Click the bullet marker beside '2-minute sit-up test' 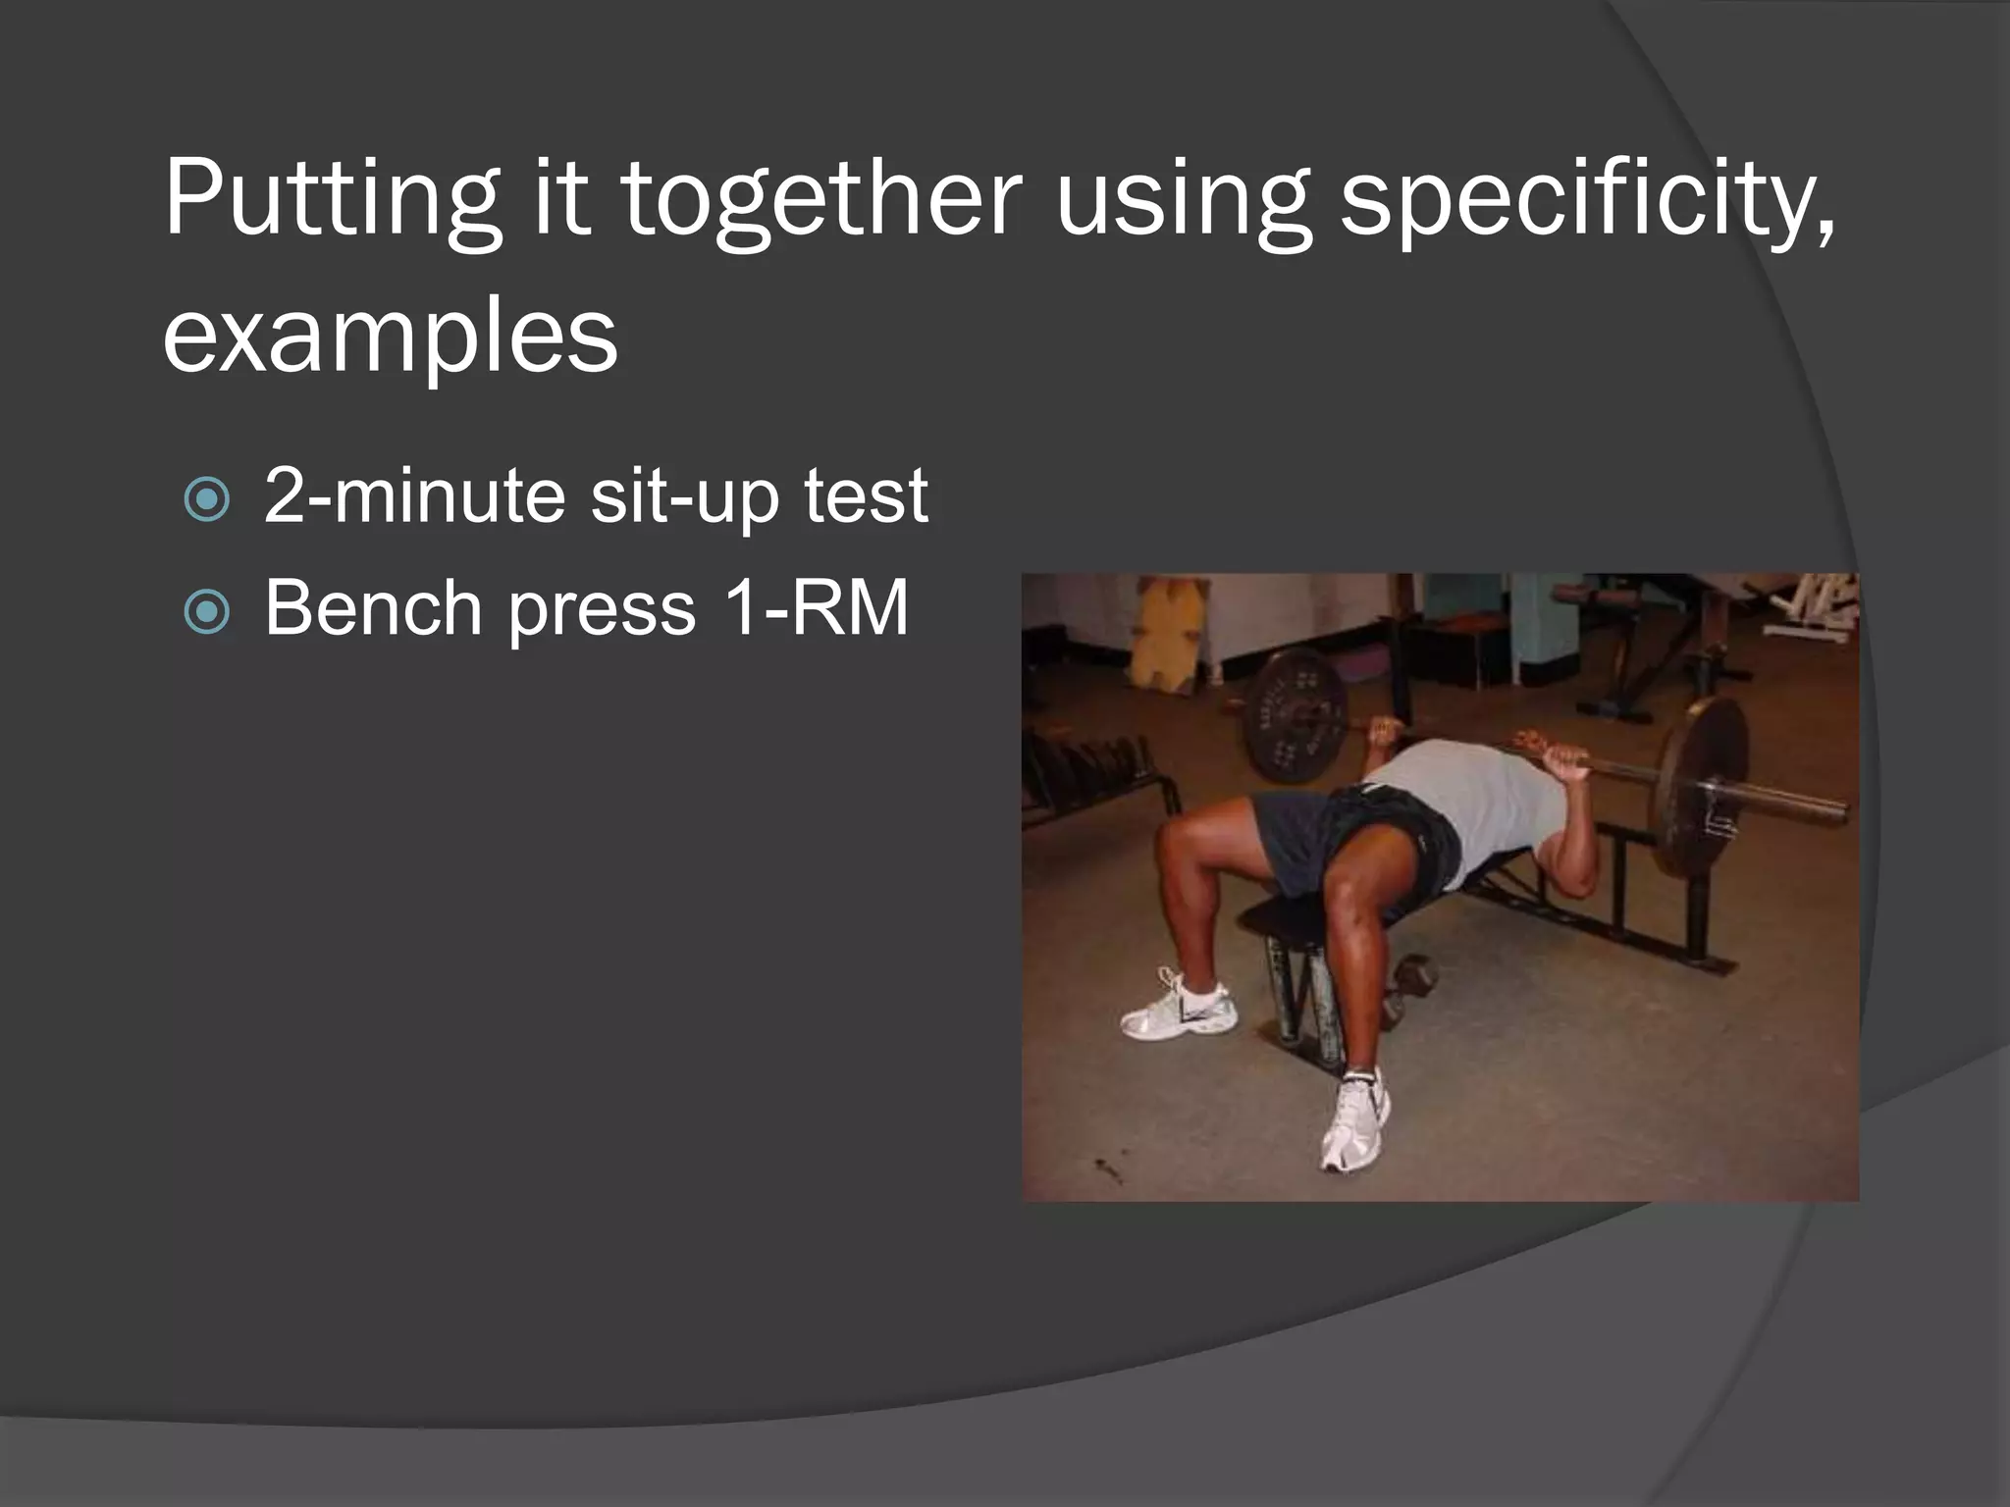[x=206, y=499]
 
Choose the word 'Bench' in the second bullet [x=373, y=608]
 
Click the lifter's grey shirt [x=1472, y=795]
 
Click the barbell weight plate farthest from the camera [x=1296, y=716]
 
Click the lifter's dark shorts [x=1345, y=834]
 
